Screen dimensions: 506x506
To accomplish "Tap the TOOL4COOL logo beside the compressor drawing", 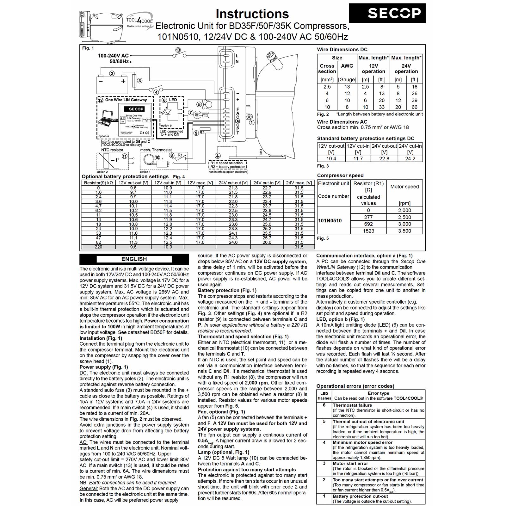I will click(x=139, y=21).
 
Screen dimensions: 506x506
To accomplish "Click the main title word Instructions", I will click(x=252, y=14).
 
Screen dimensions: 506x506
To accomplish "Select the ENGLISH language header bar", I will click(x=134, y=259).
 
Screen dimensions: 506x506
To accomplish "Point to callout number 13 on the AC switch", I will click(x=178, y=50).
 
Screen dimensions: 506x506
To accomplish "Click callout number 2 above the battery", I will click(x=112, y=73).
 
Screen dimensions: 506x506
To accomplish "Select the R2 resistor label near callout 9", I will click(x=202, y=133).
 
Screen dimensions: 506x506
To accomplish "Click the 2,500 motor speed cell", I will click(x=404, y=217).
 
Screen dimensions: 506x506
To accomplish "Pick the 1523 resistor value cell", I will click(x=368, y=231).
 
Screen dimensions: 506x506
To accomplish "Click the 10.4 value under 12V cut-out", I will click(x=331, y=159).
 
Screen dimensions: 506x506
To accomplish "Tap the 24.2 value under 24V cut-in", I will click(x=410, y=159).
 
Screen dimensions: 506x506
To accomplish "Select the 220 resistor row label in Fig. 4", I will click(x=98, y=247).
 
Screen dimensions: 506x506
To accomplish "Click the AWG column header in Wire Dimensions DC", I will click(x=347, y=66).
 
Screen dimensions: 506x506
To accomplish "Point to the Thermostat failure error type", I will click(x=352, y=405).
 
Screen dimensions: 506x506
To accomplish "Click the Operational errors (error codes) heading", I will click(x=355, y=386).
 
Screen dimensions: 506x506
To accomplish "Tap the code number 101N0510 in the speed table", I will click(x=330, y=221).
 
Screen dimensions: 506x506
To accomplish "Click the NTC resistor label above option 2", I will click(x=112, y=150).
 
